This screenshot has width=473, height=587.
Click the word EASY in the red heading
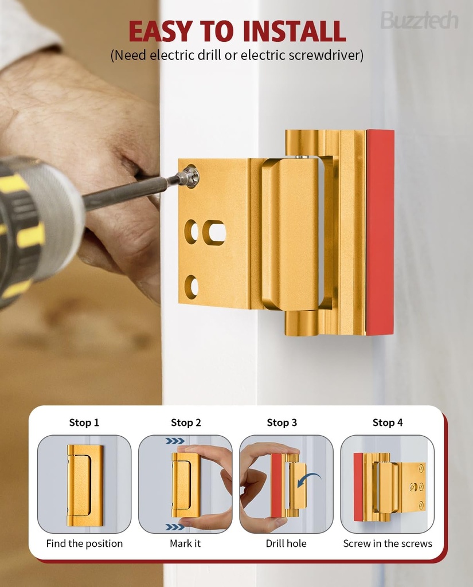click(x=161, y=31)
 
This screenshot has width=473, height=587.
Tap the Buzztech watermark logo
click(x=419, y=21)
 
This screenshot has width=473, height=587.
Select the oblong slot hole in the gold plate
click(x=214, y=232)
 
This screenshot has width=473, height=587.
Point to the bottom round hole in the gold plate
click(x=191, y=287)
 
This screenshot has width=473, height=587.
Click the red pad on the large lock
click(x=380, y=232)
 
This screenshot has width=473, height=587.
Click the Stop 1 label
click(x=84, y=422)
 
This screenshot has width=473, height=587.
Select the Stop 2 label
click(x=186, y=422)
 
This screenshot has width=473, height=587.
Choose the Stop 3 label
click(x=282, y=422)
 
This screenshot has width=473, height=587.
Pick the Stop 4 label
click(x=388, y=422)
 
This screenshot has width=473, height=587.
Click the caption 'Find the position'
click(x=84, y=543)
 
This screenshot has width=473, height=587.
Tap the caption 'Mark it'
click(x=185, y=543)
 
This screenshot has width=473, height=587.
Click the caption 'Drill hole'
click(x=286, y=543)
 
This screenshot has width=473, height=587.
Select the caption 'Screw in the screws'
click(x=388, y=543)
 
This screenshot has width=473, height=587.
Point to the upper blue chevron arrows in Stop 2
click(x=175, y=441)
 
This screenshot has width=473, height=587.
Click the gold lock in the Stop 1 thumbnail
click(x=84, y=485)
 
